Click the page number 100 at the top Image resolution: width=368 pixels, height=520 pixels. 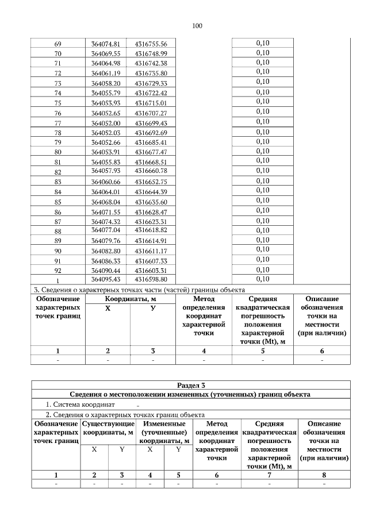click(x=197, y=26)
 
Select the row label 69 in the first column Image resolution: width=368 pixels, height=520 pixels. click(x=57, y=44)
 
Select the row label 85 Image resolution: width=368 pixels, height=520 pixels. click(x=57, y=202)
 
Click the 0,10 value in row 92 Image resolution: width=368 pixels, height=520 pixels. click(x=262, y=269)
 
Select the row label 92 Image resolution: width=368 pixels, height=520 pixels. click(x=57, y=270)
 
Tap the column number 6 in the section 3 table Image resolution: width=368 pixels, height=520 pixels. click(x=321, y=350)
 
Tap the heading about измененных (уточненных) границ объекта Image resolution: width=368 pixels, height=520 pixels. click(x=190, y=395)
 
